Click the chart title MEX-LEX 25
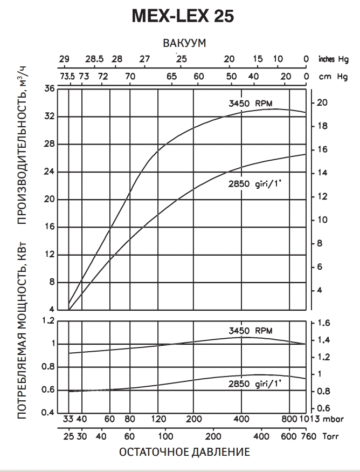183,17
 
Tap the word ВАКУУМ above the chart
184,43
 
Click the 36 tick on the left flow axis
49,89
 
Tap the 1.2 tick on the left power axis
49,321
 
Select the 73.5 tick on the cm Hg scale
67,77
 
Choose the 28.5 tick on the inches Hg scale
94,59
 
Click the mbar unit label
334,418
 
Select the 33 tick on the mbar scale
68,418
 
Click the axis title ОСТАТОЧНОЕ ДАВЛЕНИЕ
184,452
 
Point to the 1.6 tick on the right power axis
322,323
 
